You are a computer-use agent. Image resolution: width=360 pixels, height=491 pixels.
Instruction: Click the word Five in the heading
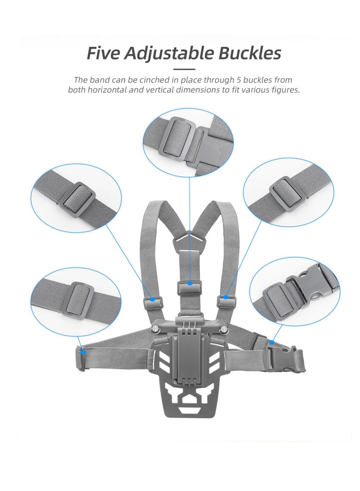(x=103, y=53)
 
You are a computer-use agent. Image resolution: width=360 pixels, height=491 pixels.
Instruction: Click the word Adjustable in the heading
(x=169, y=53)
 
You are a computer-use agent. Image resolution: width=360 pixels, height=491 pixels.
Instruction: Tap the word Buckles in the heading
(x=250, y=53)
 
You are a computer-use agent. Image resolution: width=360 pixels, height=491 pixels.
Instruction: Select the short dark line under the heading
(x=184, y=69)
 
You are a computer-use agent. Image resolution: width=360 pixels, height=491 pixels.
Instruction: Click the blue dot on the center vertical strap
(x=190, y=283)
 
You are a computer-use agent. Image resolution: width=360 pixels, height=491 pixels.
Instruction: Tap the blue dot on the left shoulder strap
(x=153, y=299)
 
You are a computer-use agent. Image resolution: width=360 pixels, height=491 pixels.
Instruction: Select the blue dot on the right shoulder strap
(x=226, y=297)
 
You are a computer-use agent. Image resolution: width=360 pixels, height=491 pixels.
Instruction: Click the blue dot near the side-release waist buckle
(x=271, y=342)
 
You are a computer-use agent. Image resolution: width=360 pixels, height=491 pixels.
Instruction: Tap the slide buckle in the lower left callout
(x=77, y=300)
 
